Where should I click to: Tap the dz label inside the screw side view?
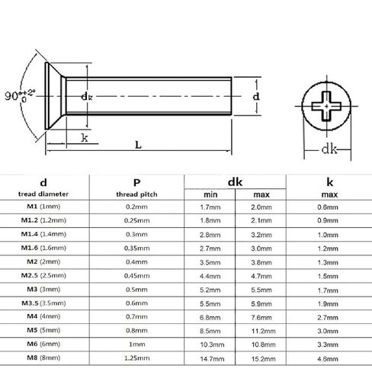coord(86,97)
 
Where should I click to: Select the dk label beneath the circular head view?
coord(329,149)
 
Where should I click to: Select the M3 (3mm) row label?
coord(43,290)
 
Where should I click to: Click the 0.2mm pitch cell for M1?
coord(136,207)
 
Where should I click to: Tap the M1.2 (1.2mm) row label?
coord(43,221)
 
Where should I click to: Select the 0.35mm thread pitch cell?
coord(136,249)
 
